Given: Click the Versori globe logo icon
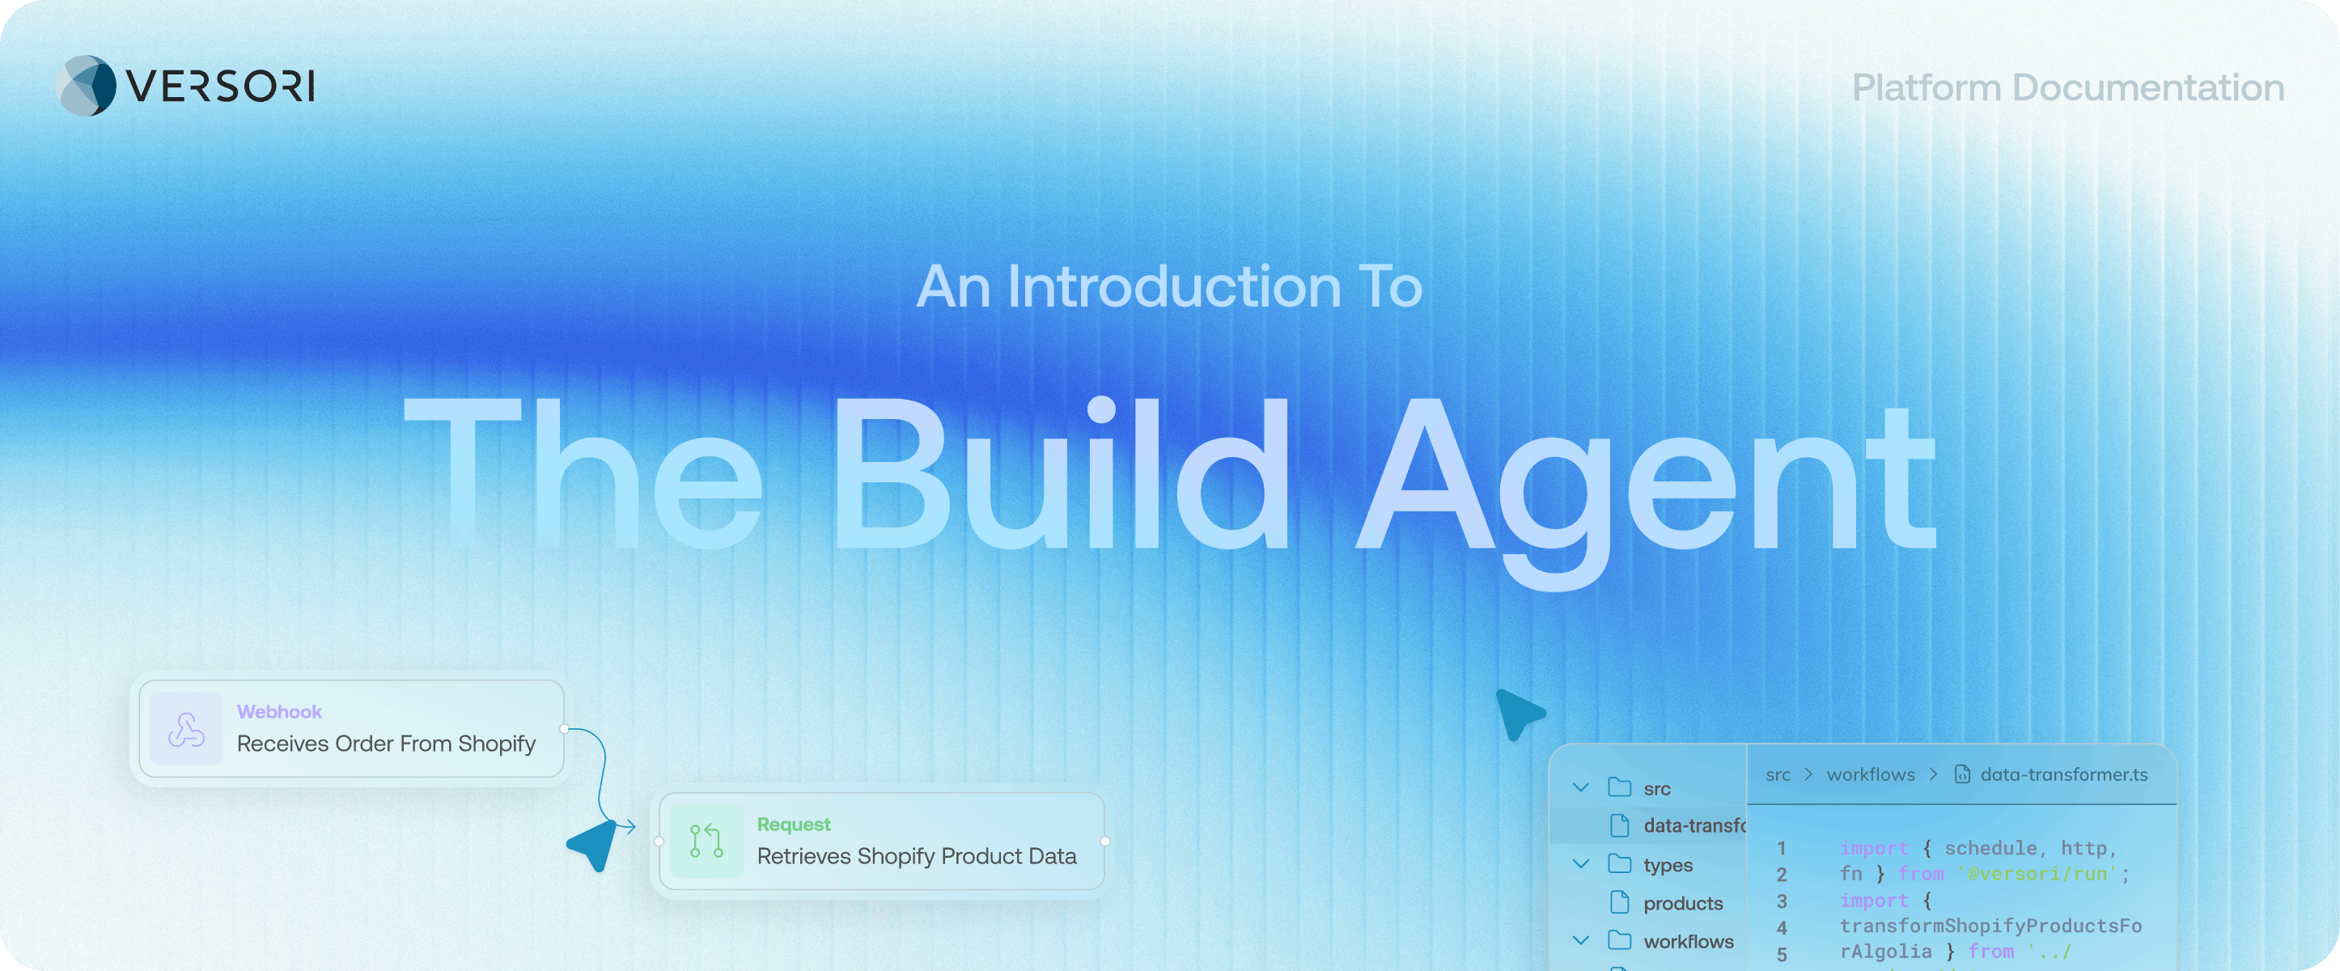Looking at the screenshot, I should (x=87, y=87).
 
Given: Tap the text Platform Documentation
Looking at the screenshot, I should (x=2067, y=88).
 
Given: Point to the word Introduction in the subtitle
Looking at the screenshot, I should (x=1173, y=287).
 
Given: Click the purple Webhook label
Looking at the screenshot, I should (x=279, y=712).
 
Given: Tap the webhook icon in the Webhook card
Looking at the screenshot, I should (x=186, y=729).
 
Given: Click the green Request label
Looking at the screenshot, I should (x=793, y=825).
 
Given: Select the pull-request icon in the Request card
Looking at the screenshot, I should (x=706, y=841).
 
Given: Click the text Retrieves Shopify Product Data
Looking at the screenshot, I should (x=917, y=857).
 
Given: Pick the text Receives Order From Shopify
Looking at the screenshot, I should (x=386, y=744).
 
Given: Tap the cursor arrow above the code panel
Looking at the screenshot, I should (x=1518, y=712).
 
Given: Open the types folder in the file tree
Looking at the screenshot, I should (x=1667, y=866).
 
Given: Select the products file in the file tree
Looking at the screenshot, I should (x=1682, y=904).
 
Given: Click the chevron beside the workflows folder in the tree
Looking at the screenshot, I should (x=1580, y=941).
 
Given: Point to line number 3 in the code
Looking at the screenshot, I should (x=1782, y=901).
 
